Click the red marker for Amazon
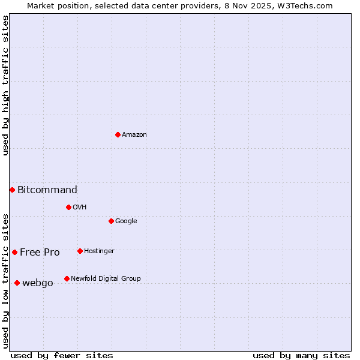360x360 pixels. [118, 134]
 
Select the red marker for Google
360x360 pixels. [111, 221]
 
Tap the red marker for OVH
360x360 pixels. [68, 207]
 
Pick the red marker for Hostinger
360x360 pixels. [80, 251]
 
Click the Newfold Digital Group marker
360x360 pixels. [67, 278]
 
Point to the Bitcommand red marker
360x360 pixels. [12, 190]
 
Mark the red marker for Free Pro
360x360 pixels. [14, 252]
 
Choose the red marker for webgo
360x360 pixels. [17, 283]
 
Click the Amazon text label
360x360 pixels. [134, 134]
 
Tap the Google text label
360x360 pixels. [126, 221]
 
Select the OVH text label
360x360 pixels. [80, 207]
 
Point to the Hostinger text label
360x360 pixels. [99, 251]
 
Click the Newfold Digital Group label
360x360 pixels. [106, 278]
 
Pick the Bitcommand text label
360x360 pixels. [47, 190]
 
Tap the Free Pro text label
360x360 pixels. [40, 253]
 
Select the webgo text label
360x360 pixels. [38, 283]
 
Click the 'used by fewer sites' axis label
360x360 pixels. [62, 355]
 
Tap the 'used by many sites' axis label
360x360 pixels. [301, 355]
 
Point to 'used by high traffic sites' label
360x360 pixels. [5, 85]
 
